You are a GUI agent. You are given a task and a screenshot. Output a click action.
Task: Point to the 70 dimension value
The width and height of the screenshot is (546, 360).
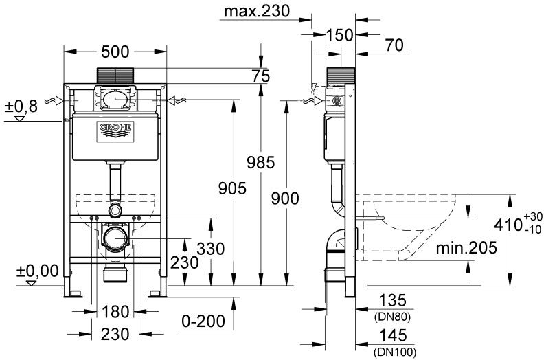(x=394, y=47)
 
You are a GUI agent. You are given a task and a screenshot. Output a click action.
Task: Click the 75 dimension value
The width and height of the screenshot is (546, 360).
(x=260, y=77)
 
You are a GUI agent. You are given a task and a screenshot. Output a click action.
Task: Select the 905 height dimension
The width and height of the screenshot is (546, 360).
(x=232, y=188)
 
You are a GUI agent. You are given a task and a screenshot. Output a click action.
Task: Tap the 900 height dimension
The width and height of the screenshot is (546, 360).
(x=285, y=199)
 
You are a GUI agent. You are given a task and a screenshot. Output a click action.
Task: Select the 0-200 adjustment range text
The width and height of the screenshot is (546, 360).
(x=203, y=319)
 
